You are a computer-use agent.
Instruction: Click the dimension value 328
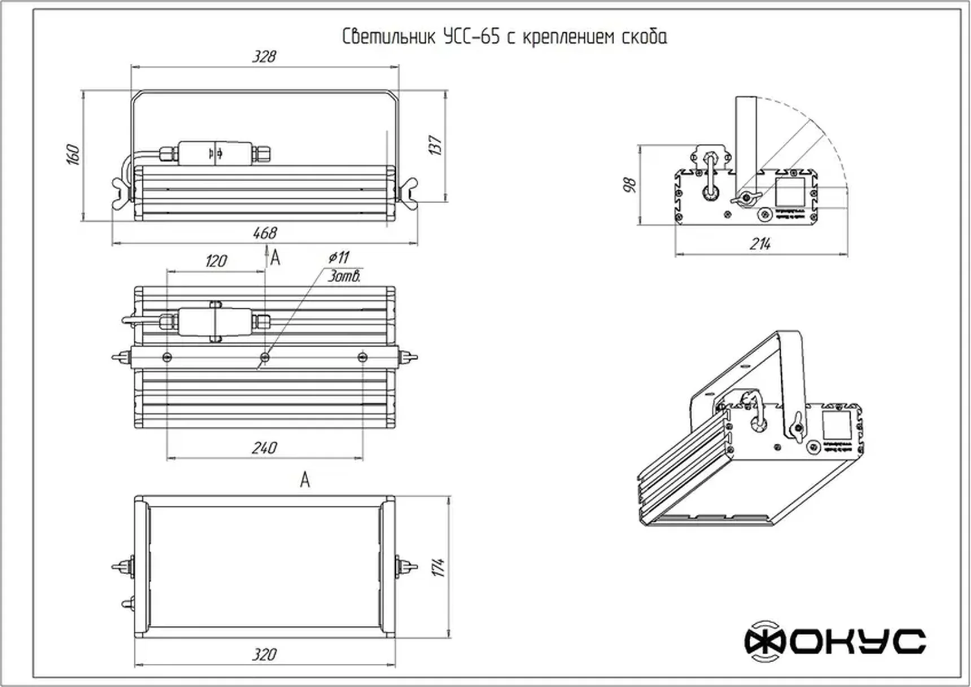pyautogui.click(x=264, y=56)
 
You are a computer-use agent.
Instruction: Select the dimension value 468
pyautogui.click(x=264, y=233)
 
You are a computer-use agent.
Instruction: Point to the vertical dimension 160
pyautogui.click(x=73, y=154)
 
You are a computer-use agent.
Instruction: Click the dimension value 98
pyautogui.click(x=630, y=185)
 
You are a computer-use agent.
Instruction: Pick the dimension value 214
pyautogui.click(x=760, y=244)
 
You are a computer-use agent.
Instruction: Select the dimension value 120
pyautogui.click(x=216, y=261)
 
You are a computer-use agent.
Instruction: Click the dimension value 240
pyautogui.click(x=264, y=448)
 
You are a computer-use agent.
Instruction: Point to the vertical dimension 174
pyautogui.click(x=439, y=567)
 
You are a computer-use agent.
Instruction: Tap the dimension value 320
pyautogui.click(x=264, y=655)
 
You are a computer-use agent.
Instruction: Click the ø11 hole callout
pyautogui.click(x=339, y=257)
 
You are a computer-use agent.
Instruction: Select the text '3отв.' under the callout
pyautogui.click(x=344, y=277)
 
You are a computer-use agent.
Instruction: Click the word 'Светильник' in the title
pyautogui.click(x=389, y=37)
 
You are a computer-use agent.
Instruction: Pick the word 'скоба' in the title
pyautogui.click(x=644, y=37)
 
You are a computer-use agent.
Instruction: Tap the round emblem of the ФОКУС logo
pyautogui.click(x=764, y=641)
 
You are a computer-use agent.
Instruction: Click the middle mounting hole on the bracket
pyautogui.click(x=265, y=357)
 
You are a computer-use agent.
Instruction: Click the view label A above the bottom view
pyautogui.click(x=305, y=480)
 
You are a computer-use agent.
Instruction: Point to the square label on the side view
pyautogui.click(x=789, y=192)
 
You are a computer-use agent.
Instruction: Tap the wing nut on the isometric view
pyautogui.click(x=797, y=427)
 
